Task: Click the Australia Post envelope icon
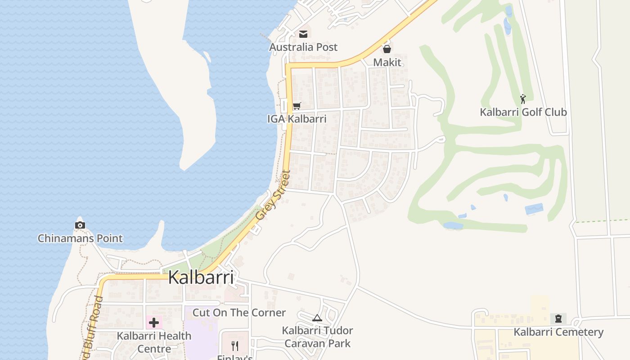click(303, 34)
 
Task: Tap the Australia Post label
click(303, 47)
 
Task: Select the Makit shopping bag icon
click(387, 49)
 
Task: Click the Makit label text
click(387, 63)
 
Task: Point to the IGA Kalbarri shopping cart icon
click(297, 106)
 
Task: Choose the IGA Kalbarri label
click(297, 119)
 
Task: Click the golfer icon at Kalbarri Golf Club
click(523, 99)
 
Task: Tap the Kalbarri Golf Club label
click(523, 112)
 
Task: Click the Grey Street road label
click(273, 195)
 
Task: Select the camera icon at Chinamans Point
click(80, 225)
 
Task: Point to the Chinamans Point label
click(80, 238)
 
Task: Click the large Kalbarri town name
click(201, 278)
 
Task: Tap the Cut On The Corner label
click(239, 313)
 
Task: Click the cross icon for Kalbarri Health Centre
click(154, 322)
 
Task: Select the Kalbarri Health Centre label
click(154, 342)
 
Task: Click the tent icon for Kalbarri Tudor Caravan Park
click(317, 318)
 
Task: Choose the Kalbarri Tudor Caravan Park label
click(317, 337)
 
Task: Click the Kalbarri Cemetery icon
click(558, 319)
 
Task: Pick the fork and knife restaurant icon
click(234, 346)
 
